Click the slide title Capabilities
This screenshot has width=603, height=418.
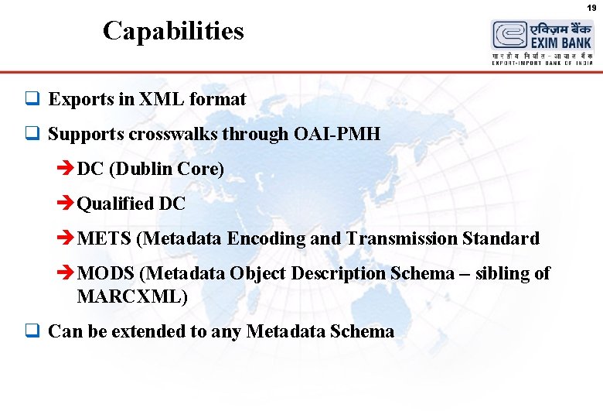click(x=173, y=31)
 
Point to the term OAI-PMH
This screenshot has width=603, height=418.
click(x=337, y=135)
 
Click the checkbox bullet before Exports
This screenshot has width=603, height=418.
click(x=32, y=100)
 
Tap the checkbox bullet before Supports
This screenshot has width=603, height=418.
click(x=32, y=135)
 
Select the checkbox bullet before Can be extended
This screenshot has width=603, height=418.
click(x=32, y=332)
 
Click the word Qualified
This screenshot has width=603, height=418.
click(x=115, y=204)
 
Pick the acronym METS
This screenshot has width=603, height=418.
click(x=104, y=239)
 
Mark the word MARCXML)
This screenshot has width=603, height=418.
click(x=132, y=296)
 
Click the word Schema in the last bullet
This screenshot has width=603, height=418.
click(x=362, y=332)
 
